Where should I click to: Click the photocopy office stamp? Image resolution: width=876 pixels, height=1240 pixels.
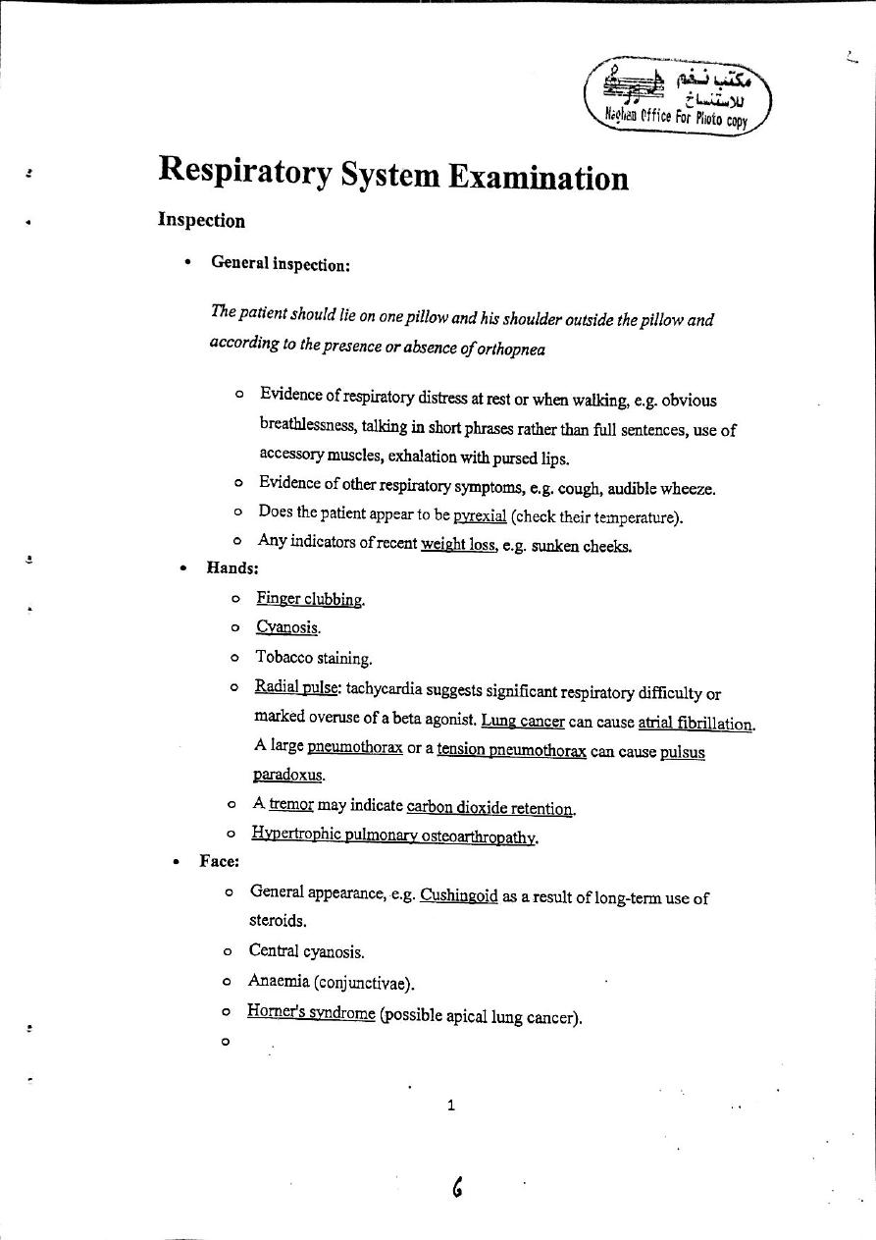pos(677,96)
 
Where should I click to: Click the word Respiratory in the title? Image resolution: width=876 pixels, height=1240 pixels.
pos(244,173)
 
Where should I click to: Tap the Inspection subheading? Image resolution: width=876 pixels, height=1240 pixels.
pos(201,221)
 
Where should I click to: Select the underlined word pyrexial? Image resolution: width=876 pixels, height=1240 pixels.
pos(480,515)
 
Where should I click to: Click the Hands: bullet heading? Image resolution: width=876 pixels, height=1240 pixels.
pos(232,567)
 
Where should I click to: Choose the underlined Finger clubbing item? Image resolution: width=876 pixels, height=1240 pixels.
pos(310,599)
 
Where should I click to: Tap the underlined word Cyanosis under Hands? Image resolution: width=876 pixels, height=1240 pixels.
pos(287,627)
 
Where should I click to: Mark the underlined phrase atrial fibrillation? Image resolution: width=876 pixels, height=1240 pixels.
pos(696,724)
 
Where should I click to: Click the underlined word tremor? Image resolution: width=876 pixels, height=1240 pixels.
pos(290,804)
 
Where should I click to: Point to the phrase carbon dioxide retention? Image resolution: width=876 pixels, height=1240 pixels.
pos(490,807)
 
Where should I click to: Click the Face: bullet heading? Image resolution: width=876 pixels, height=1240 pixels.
pos(219,861)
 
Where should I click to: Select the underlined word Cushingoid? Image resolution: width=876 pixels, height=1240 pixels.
pos(458,896)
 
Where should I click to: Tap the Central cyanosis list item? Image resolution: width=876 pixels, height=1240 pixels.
pos(306,951)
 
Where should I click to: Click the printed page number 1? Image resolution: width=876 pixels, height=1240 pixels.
pos(450,1105)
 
